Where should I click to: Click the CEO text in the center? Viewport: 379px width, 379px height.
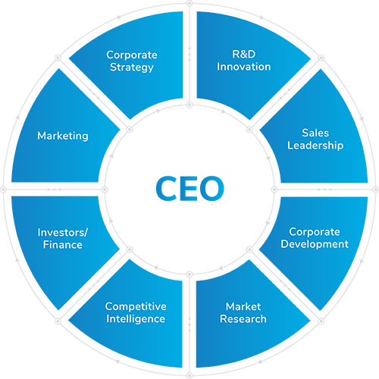pos(189,188)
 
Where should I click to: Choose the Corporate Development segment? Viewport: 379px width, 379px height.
pos(316,243)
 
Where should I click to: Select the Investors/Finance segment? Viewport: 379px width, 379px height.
pos(63,243)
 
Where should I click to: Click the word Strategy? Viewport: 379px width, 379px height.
pos(132,67)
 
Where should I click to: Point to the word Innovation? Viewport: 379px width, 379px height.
pos(244,67)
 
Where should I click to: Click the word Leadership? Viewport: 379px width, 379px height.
pos(315,146)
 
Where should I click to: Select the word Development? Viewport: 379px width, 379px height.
pos(315,244)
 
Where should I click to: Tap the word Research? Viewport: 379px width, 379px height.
pos(243,319)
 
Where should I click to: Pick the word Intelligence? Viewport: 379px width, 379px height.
pos(136,319)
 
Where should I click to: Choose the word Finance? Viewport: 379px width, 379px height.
pos(63,245)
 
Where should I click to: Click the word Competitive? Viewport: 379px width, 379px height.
pos(136,306)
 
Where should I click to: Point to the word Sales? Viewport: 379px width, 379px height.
pos(315,133)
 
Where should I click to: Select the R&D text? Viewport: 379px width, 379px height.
pos(244,55)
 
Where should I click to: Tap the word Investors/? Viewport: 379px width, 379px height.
pos(63,233)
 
